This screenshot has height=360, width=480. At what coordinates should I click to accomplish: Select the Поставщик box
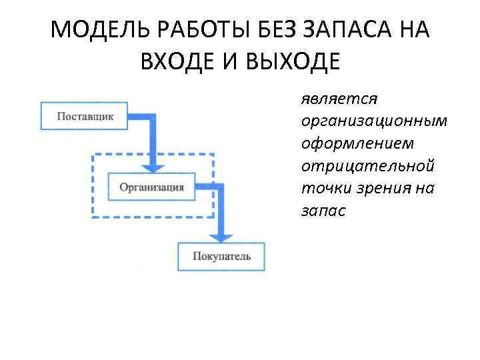pos(85,117)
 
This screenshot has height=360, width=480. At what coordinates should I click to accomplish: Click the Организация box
pos(151,187)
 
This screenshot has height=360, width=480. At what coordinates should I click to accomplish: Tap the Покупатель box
pos(221,257)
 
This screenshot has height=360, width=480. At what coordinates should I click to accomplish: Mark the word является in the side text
pos(339,99)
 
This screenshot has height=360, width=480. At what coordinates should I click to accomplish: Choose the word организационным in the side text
pos(374,121)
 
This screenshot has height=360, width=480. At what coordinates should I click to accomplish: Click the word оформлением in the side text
pos(357,143)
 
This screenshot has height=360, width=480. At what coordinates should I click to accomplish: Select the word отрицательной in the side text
pos(367,165)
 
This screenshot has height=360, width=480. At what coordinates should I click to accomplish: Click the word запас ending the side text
pos(323,210)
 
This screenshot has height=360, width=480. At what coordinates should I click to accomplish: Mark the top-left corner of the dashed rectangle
pos(93,155)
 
